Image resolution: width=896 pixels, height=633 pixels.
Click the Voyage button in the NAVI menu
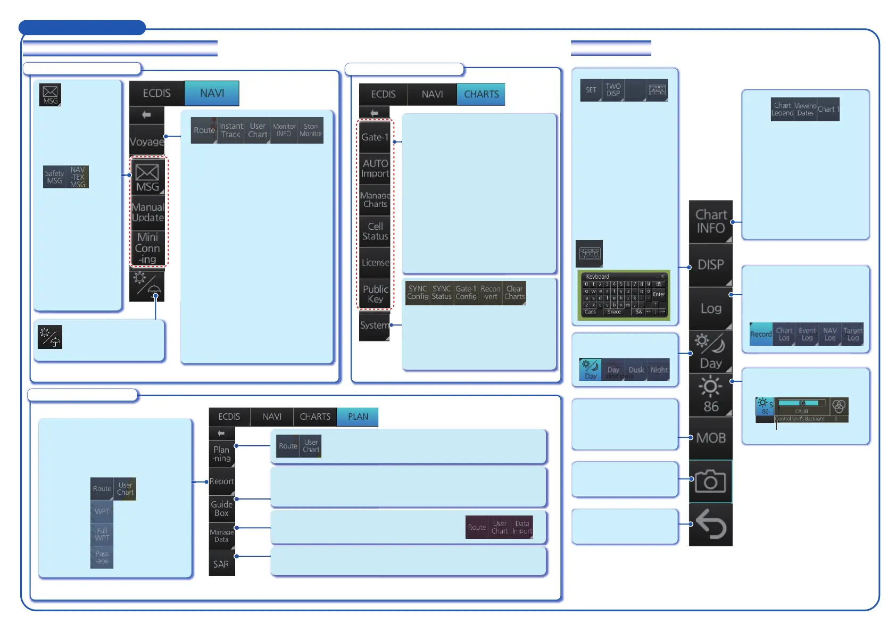(147, 141)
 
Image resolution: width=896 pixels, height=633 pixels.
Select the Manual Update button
(148, 212)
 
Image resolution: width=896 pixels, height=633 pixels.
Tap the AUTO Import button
(375, 168)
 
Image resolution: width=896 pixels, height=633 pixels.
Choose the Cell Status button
(375, 231)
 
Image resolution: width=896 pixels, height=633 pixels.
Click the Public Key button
(375, 294)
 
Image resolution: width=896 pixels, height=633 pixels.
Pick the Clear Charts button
(515, 293)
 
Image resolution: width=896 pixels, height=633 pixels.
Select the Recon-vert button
(490, 293)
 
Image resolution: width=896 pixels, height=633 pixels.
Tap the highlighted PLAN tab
(358, 417)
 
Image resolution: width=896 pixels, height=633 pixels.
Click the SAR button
(221, 564)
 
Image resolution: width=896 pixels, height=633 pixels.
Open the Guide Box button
(221, 509)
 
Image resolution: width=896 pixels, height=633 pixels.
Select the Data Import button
(522, 527)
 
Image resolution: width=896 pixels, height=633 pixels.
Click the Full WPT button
(102, 534)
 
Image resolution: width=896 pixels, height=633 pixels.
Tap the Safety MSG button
(54, 177)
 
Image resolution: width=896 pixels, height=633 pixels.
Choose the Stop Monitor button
(311, 130)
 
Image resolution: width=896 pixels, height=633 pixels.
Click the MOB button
(711, 438)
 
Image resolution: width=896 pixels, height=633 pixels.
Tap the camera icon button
(711, 482)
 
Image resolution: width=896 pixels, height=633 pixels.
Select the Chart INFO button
(711, 221)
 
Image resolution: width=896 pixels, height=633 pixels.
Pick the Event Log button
(807, 334)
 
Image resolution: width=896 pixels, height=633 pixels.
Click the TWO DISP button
(613, 90)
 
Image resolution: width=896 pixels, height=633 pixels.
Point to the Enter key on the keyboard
(659, 294)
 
